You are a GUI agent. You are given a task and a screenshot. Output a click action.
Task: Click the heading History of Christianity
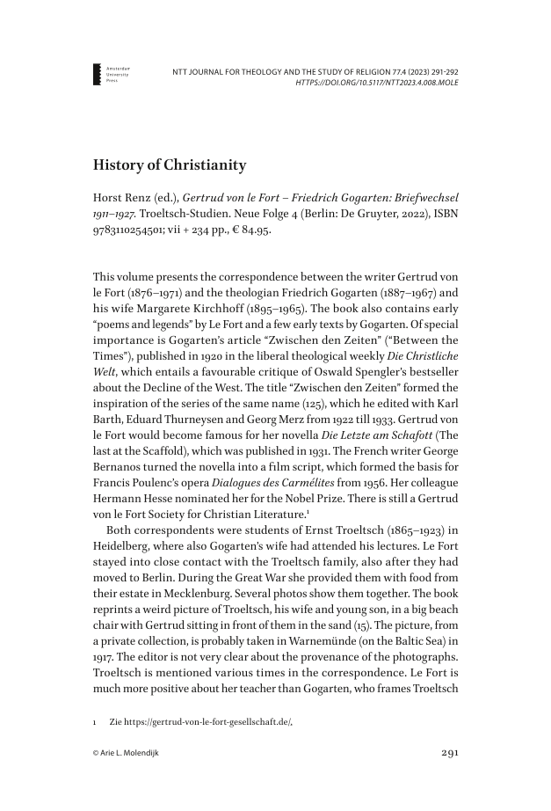tap(170, 164)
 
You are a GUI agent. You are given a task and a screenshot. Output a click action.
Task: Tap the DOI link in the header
tap(379, 84)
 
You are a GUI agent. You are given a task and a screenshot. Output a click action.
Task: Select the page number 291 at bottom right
tap(448, 753)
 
